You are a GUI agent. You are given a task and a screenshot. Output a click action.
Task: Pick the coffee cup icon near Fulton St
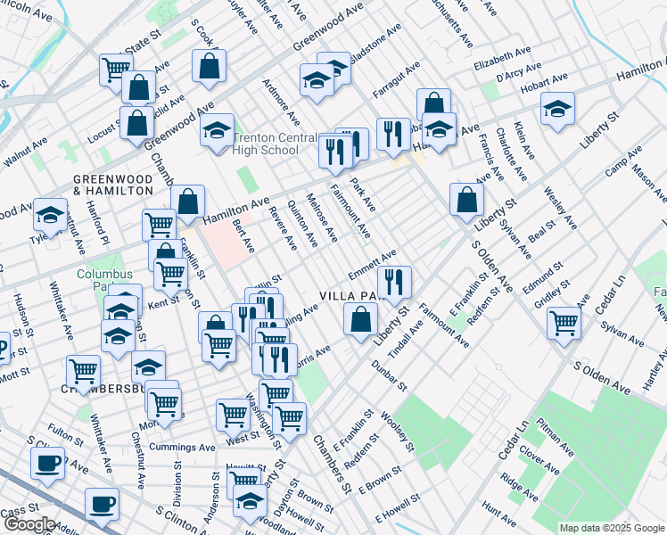tap(47, 462)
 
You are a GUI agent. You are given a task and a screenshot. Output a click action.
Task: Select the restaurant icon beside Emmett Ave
tap(394, 281)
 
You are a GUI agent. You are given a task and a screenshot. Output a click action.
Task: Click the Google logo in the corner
tap(29, 524)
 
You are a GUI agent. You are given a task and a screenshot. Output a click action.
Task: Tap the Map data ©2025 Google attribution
tap(611, 528)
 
